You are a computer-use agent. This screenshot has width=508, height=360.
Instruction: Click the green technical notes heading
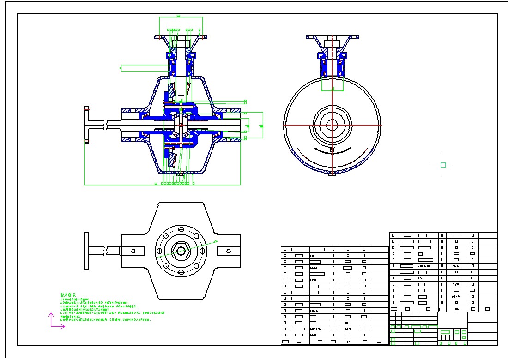pos(68,294)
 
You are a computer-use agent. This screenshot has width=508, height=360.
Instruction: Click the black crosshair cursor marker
pos(443,164)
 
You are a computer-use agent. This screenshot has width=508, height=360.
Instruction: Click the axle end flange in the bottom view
pos(86,251)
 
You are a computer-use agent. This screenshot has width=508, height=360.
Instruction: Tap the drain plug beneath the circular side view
pos(332,174)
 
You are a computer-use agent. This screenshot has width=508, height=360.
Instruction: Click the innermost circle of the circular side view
pos(332,125)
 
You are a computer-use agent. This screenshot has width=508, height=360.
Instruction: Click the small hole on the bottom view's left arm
pos(133,251)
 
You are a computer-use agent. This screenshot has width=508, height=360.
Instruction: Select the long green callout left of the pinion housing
pos(143,68)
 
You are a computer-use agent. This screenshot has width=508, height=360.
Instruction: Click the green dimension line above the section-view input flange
pos(181,17)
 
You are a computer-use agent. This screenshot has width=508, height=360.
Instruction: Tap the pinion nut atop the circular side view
pos(332,44)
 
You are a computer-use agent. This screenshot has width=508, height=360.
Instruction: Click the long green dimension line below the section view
pos(162,184)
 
